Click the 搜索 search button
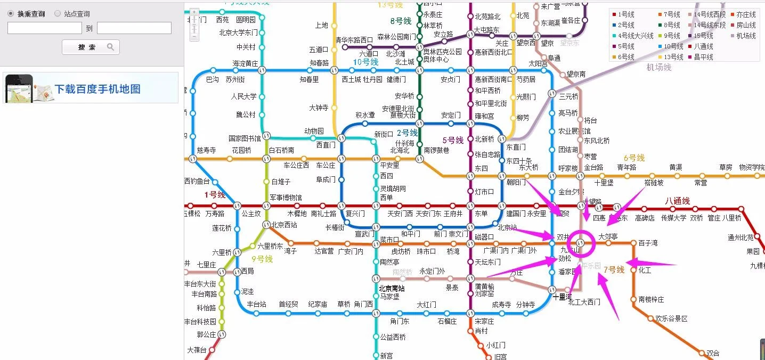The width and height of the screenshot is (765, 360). tap(91, 47)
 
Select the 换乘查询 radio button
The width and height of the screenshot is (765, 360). tap(11, 14)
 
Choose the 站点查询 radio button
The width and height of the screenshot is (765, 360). tap(58, 14)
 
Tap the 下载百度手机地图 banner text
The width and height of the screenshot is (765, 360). tap(97, 89)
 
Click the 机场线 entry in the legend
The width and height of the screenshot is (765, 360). tap(746, 36)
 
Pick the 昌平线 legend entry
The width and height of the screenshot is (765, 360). tap(703, 57)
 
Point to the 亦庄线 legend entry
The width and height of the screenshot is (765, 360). tap(746, 14)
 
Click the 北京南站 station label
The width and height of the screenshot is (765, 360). tap(392, 289)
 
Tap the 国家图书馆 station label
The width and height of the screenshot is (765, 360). tap(245, 138)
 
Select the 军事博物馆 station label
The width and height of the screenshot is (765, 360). tap(286, 198)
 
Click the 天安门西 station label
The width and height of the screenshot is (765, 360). tap(400, 214)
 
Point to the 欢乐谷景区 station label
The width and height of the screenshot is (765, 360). tap(671, 318)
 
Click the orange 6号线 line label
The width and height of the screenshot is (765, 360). tap(634, 158)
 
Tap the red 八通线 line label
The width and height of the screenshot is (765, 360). tap(677, 201)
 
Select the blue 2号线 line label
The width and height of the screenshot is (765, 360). tap(407, 133)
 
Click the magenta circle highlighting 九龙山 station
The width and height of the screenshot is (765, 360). tap(581, 243)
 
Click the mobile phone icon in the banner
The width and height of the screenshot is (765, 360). tap(19, 88)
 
